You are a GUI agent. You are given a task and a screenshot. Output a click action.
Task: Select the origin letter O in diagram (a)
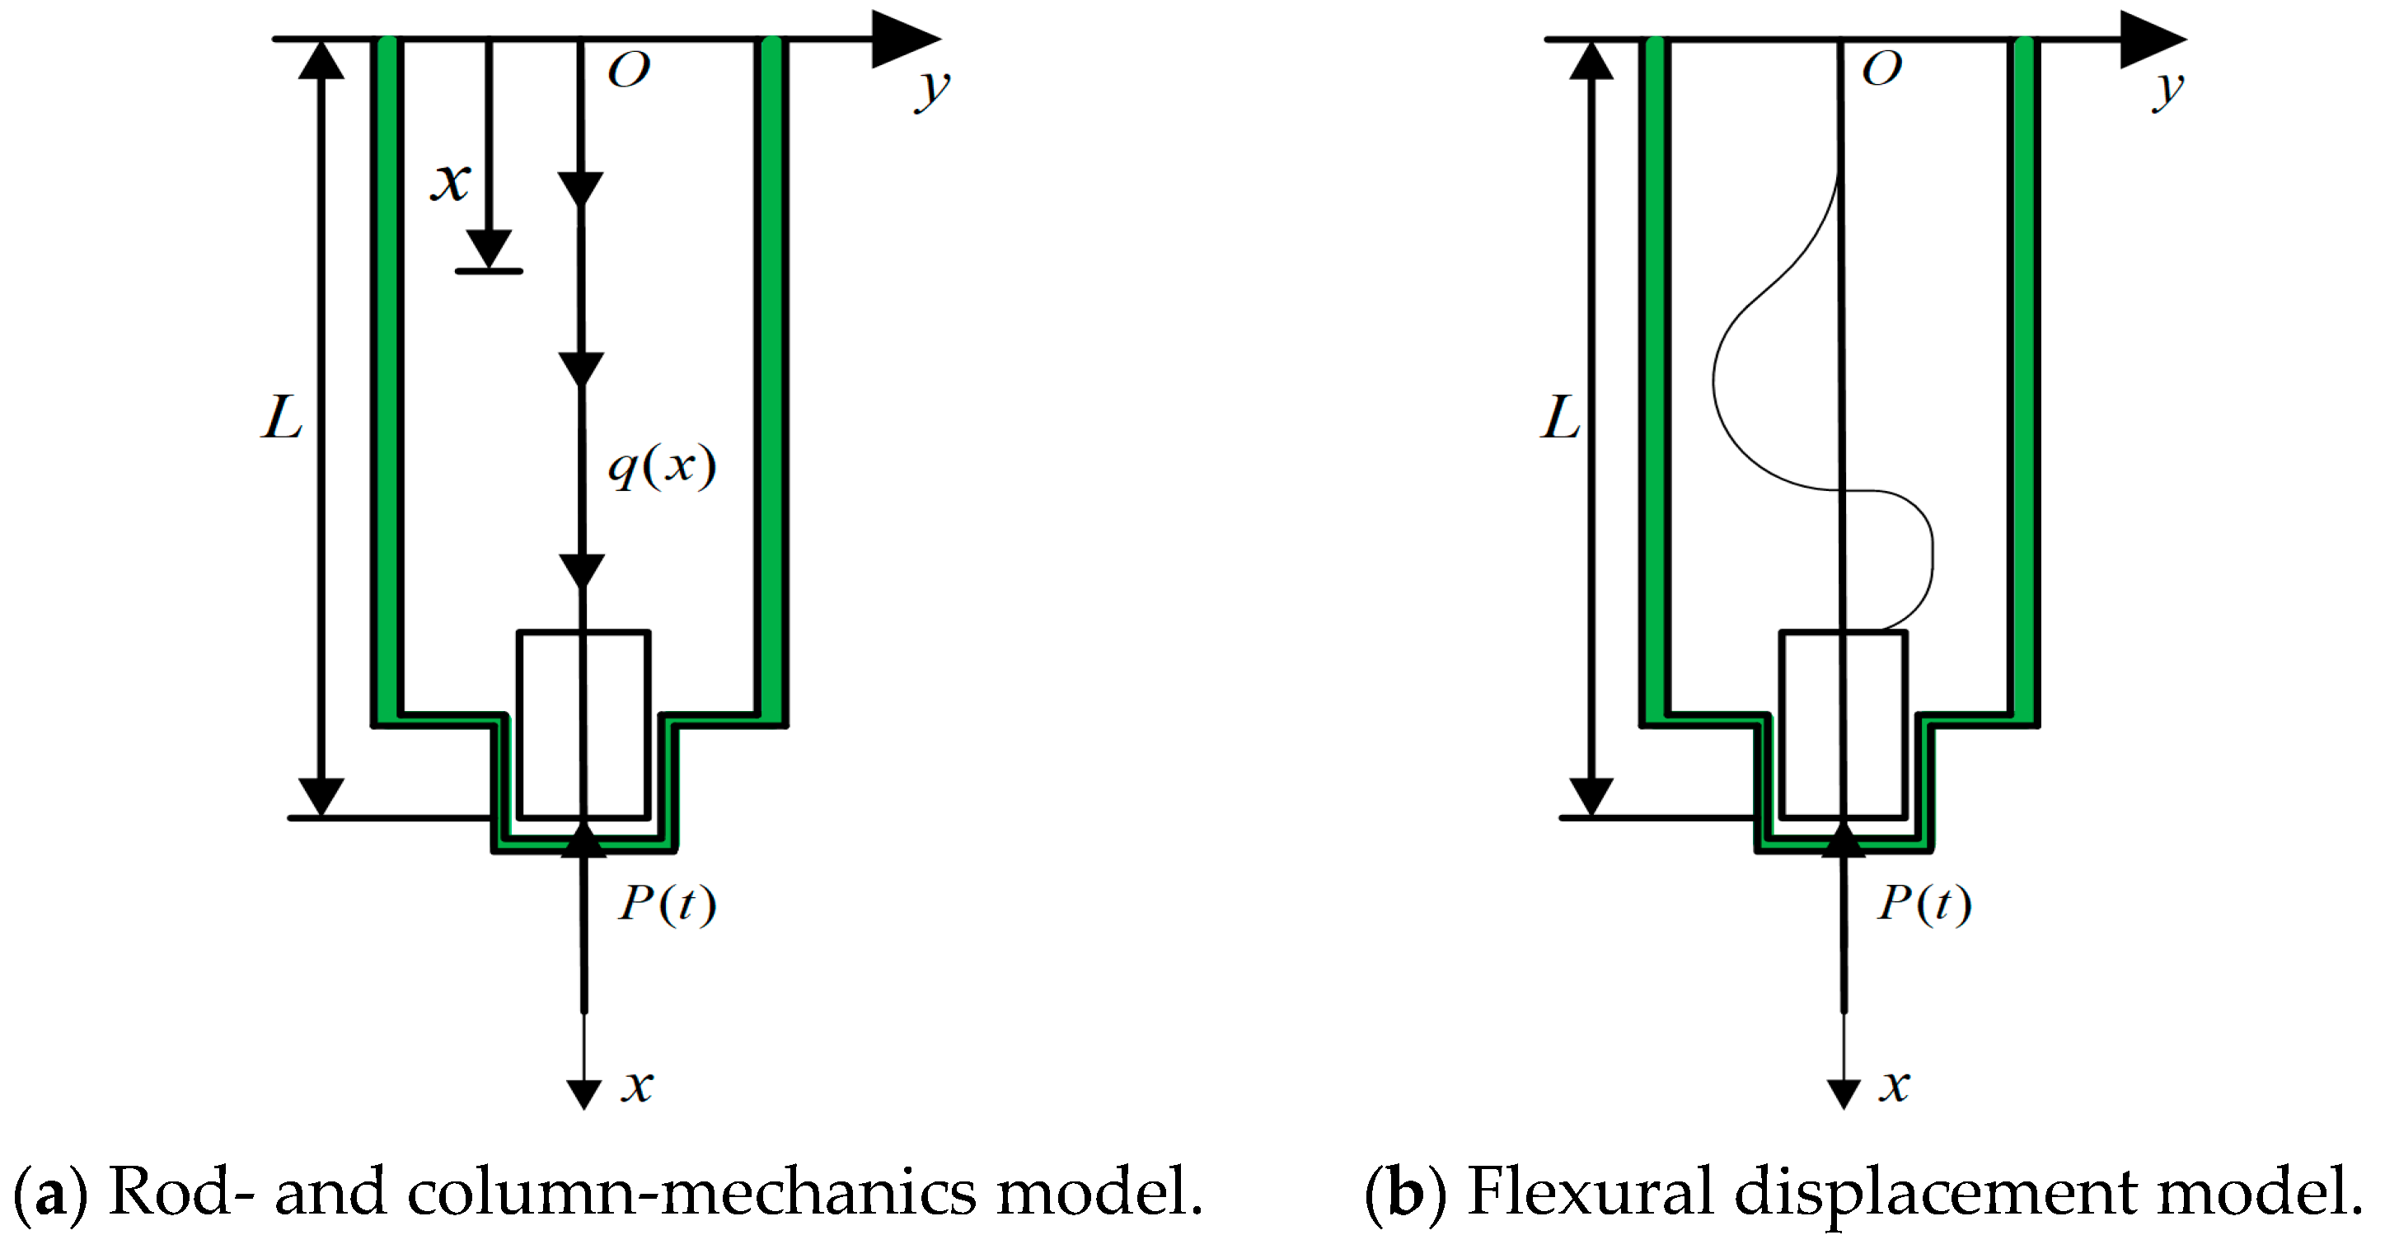[x=629, y=69]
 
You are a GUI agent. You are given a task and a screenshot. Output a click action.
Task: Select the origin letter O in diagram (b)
[x=1881, y=68]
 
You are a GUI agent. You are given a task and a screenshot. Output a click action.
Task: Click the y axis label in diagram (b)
[x=2167, y=90]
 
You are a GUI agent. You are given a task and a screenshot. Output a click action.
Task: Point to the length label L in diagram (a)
[x=282, y=418]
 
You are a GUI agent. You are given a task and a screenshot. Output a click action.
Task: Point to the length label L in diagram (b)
[x=1560, y=418]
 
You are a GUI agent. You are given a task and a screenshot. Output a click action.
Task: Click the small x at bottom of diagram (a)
[x=637, y=1085]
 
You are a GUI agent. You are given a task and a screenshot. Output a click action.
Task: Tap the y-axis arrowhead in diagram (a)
[x=903, y=39]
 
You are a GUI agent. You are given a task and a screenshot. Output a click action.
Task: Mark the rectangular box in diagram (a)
[x=583, y=725]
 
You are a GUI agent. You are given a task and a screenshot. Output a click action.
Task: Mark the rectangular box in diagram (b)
[x=1843, y=725]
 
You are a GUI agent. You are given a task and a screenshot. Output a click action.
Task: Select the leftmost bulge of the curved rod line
[x=1714, y=380]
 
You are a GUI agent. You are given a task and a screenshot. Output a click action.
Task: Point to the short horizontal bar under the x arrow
[x=489, y=271]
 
